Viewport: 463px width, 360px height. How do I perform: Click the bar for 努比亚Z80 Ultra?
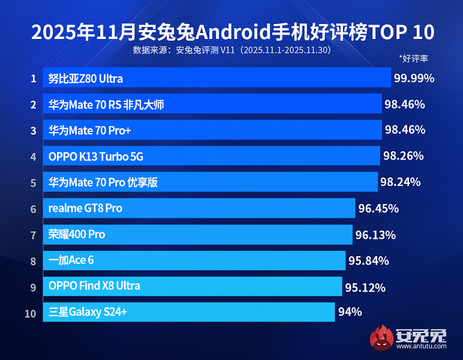(217, 78)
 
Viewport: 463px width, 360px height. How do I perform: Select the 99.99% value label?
(414, 78)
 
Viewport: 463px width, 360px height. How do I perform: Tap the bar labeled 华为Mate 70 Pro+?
(212, 130)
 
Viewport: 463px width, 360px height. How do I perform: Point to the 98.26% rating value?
(403, 156)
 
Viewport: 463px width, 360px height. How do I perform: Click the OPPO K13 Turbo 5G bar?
(211, 157)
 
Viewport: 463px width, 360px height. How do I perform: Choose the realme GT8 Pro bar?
(199, 208)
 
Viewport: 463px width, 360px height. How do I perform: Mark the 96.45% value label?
(378, 208)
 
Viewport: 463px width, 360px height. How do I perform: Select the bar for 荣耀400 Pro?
(197, 235)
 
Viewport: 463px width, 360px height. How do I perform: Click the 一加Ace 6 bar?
(194, 260)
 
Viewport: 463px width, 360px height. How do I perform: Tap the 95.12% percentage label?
(365, 286)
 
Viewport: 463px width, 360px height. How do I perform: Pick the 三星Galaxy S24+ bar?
(188, 312)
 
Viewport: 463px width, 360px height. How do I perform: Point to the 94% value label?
(350, 312)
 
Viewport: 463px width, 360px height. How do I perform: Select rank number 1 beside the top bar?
(33, 78)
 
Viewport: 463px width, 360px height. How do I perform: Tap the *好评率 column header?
(413, 59)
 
